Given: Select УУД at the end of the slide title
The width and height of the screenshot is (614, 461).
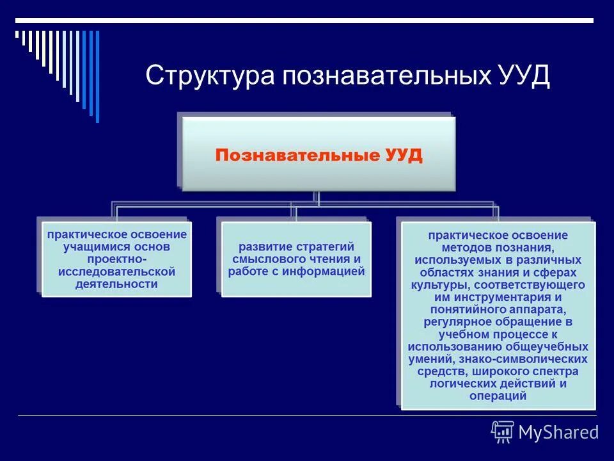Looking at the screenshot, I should (x=523, y=76).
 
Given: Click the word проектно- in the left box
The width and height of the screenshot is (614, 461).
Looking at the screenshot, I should (x=116, y=259).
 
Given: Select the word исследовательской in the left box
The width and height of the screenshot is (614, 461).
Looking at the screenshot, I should (x=116, y=271).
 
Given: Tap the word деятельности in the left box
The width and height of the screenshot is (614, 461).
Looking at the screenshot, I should (x=116, y=284).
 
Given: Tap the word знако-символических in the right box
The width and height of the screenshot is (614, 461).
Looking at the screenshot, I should (x=533, y=359).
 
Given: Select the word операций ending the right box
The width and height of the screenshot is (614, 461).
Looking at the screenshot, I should (x=498, y=396).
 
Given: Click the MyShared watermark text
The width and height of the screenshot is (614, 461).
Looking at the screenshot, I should (x=558, y=433).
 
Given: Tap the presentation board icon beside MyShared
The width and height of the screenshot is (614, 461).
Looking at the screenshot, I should (x=503, y=432).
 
